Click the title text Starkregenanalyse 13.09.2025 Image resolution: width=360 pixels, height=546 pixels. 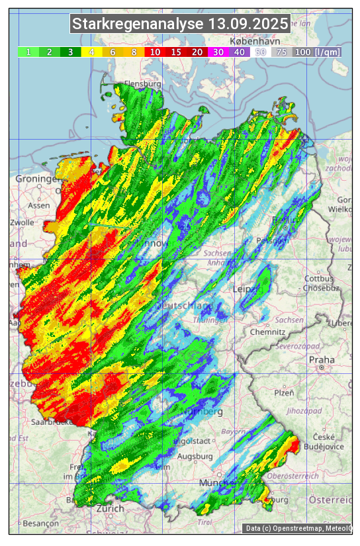(x=180, y=24)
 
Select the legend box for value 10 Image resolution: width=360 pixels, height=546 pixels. (x=155, y=52)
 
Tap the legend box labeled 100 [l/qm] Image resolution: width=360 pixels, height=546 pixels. (x=318, y=52)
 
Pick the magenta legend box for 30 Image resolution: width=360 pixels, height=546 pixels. (x=218, y=52)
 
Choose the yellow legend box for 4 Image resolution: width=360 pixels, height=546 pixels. (x=92, y=52)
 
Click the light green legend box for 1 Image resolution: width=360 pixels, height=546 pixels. (x=28, y=52)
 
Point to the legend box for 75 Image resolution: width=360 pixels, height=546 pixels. (x=281, y=52)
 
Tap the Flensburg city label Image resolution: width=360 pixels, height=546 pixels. (x=143, y=85)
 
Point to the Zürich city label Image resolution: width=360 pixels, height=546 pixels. (x=110, y=508)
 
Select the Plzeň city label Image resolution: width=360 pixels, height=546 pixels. (x=283, y=392)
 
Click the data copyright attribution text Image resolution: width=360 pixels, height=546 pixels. (x=298, y=528)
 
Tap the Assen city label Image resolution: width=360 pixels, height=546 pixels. (x=39, y=205)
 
